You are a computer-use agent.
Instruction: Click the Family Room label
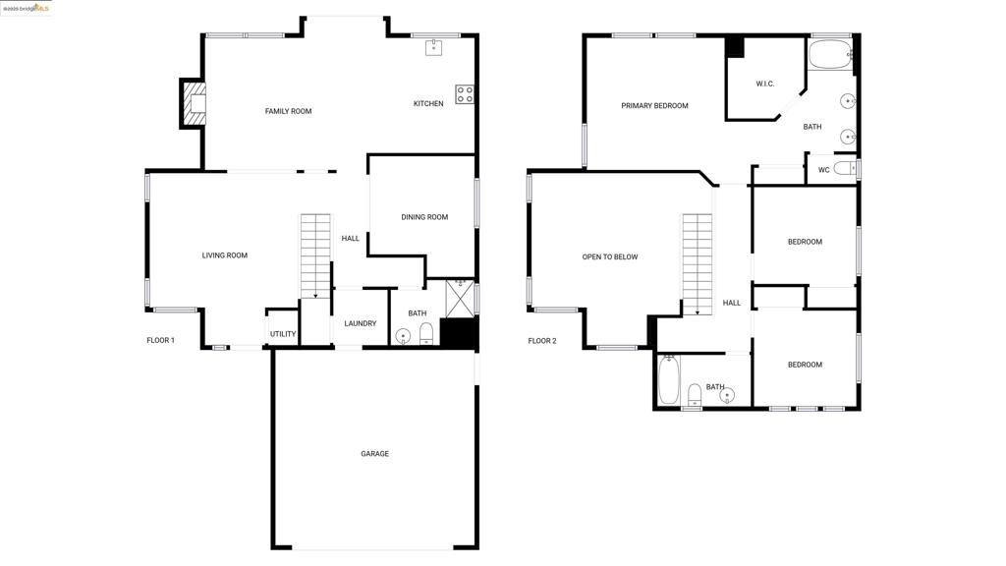[x=288, y=111]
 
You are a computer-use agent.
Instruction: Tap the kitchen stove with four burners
[x=465, y=94]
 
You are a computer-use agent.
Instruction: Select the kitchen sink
[x=434, y=47]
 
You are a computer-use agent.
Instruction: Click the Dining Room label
[x=424, y=217]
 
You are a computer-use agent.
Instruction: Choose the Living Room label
[x=225, y=255]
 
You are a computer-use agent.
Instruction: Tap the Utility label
[x=283, y=334]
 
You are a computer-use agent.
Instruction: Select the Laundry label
[x=361, y=323]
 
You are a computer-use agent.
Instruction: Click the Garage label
[x=374, y=454]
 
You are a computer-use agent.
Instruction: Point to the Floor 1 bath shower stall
[x=460, y=297]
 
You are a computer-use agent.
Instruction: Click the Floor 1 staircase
[x=316, y=254]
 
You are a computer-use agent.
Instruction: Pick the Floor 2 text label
[x=542, y=341]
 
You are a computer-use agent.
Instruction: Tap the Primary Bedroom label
[x=654, y=106]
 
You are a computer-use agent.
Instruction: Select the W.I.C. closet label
[x=765, y=84]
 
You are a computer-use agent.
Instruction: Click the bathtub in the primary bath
[x=830, y=54]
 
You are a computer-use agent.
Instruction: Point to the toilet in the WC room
[x=846, y=169]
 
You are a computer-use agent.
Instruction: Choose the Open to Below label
[x=610, y=257]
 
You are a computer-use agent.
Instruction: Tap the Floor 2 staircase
[x=697, y=263]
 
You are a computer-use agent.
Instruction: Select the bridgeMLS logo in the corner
[x=26, y=8]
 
